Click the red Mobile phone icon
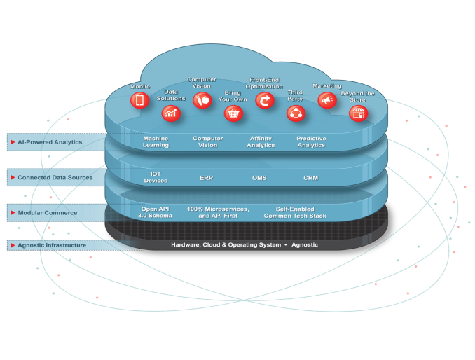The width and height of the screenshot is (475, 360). pyautogui.click(x=139, y=101)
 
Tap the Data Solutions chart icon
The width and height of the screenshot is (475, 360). pyautogui.click(x=170, y=113)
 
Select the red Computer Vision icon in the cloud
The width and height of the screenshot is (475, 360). pyautogui.click(x=202, y=101)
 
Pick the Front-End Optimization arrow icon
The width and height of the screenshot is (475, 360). pyautogui.click(x=265, y=101)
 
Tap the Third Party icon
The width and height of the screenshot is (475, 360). pyautogui.click(x=296, y=113)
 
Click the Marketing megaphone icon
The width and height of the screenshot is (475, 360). pyautogui.click(x=326, y=101)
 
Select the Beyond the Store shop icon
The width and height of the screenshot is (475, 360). pyautogui.click(x=358, y=113)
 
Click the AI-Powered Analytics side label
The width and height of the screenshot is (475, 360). pyautogui.click(x=50, y=142)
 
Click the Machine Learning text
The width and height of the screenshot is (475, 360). pyautogui.click(x=156, y=141)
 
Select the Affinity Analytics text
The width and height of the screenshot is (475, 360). pyautogui.click(x=261, y=141)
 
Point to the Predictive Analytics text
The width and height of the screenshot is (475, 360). pyautogui.click(x=311, y=141)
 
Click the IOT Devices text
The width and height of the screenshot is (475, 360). pyautogui.click(x=156, y=177)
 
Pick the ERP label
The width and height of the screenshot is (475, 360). pyautogui.click(x=206, y=178)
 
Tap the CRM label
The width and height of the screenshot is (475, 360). pyautogui.click(x=310, y=178)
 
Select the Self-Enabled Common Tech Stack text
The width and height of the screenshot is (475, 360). pyautogui.click(x=294, y=212)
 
